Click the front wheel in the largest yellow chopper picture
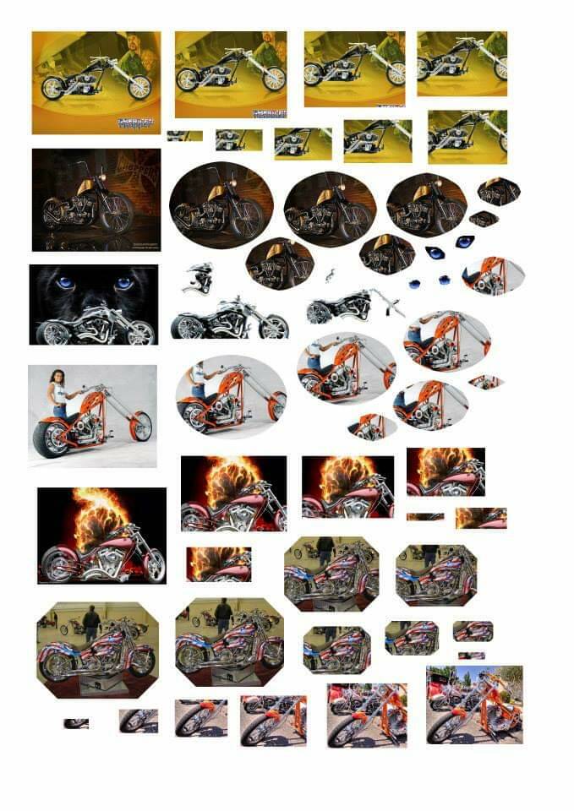tap(139, 86)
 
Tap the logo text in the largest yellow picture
tap(135, 122)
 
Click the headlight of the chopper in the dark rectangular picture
tap(103, 175)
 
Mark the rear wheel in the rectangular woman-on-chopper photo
tap(51, 439)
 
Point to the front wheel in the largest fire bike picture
tap(153, 564)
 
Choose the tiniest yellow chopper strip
tap(184, 136)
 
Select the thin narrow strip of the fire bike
tap(424, 516)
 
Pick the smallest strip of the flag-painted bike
tap(471, 656)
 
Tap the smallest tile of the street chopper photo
tap(76, 723)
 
